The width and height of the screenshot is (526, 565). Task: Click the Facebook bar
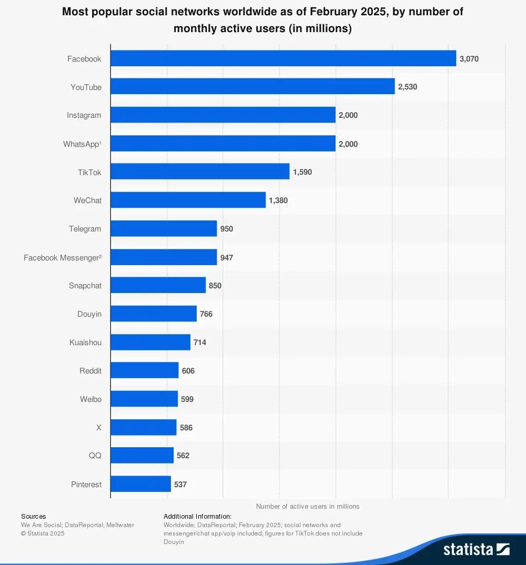(283, 58)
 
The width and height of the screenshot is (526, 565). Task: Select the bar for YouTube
(252, 87)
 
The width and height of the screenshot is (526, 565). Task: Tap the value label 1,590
(302, 172)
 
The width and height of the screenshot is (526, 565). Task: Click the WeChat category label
(87, 200)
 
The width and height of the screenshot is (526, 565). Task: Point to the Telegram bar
(164, 229)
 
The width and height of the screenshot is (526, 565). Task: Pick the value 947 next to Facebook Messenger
(227, 258)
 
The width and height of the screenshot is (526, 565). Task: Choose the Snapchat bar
(158, 286)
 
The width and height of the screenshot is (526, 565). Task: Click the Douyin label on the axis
(89, 314)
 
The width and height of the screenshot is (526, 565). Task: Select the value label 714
(200, 342)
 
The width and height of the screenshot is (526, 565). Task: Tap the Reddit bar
(145, 371)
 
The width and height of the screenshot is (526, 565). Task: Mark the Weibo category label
(90, 399)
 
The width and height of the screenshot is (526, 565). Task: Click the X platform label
(98, 428)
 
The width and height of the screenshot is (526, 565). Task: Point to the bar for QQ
(142, 456)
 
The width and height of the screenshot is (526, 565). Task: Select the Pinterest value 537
(180, 485)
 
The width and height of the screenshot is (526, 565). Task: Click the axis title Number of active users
(308, 506)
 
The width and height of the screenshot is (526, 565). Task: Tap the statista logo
(476, 550)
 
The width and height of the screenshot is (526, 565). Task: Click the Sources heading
(34, 517)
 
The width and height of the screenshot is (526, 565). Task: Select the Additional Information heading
(197, 517)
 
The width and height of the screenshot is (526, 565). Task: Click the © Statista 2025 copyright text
(43, 533)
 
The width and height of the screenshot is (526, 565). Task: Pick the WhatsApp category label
(82, 144)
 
